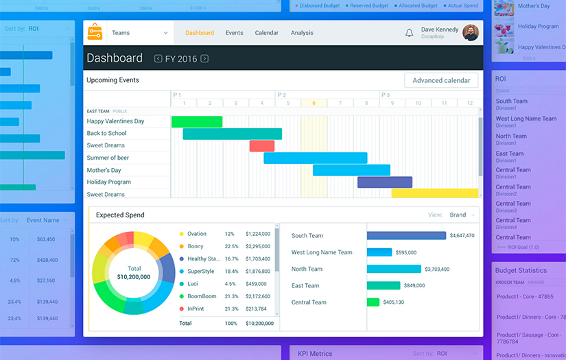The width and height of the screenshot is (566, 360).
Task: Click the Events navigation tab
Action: tap(235, 33)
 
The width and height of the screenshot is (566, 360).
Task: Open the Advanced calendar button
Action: tap(441, 80)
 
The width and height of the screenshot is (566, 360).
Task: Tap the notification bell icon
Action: tap(410, 33)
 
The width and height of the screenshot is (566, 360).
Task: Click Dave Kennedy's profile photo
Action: tap(471, 33)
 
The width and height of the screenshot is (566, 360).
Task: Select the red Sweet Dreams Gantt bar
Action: tap(262, 146)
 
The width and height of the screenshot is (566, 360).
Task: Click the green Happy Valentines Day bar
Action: tap(197, 122)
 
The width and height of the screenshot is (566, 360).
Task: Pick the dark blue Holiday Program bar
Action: tap(385, 182)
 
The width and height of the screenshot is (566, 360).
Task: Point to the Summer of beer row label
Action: tap(108, 158)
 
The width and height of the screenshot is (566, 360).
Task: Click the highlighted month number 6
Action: tap(314, 103)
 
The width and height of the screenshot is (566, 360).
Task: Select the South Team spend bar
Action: tap(406, 235)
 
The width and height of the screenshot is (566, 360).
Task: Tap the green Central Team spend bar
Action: tap(373, 302)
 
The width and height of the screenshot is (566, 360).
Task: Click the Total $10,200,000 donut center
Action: tap(134, 273)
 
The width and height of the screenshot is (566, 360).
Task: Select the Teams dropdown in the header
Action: tap(139, 33)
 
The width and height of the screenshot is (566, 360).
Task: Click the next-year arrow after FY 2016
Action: tap(204, 59)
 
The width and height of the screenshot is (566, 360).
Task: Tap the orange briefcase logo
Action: tap(95, 32)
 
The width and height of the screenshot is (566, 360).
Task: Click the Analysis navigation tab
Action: tap(302, 33)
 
